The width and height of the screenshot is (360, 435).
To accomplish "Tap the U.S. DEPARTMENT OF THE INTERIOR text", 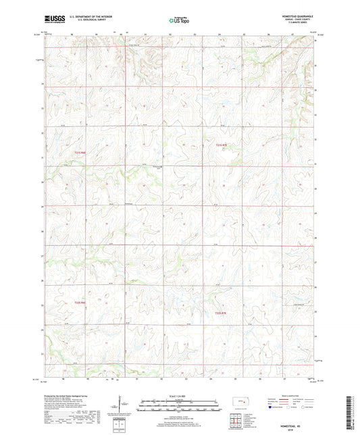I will pos(91,17).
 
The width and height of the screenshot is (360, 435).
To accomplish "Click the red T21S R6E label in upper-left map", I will pos(80,153).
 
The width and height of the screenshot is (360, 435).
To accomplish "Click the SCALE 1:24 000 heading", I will pos(179,395).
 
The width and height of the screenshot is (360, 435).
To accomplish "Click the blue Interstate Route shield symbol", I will pos(270,408).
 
